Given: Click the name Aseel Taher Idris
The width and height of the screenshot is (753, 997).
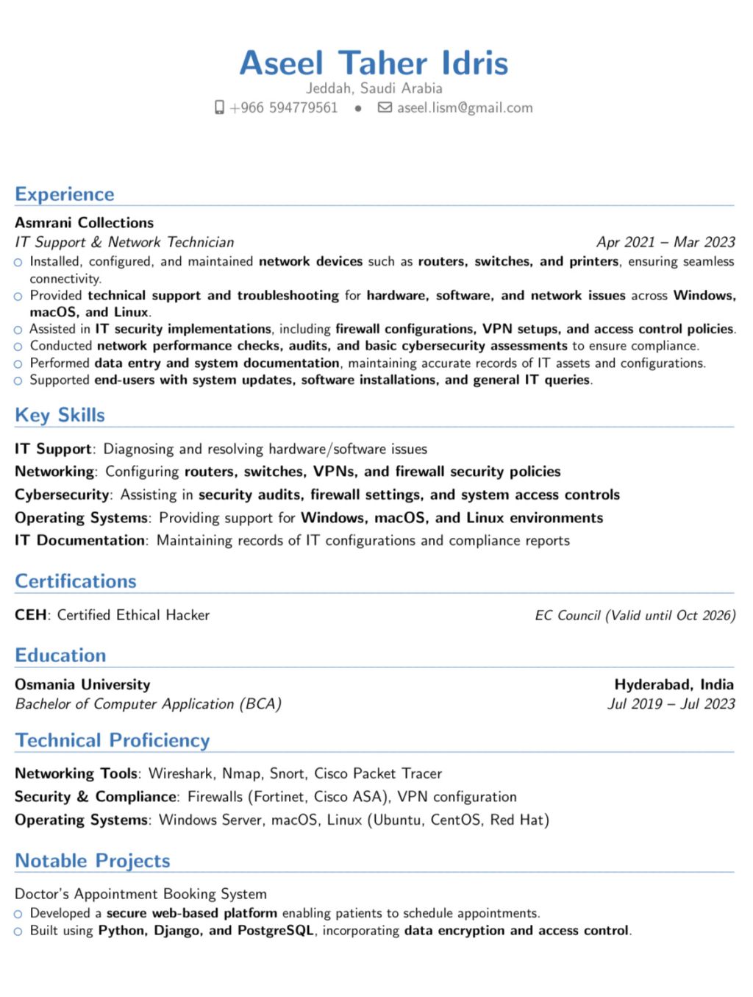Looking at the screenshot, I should click(x=374, y=63).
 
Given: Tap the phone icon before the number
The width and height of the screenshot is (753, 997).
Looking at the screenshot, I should click(x=219, y=108).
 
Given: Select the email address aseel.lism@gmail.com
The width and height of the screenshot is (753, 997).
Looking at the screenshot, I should click(x=465, y=108).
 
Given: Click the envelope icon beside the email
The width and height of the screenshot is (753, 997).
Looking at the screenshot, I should click(x=385, y=108).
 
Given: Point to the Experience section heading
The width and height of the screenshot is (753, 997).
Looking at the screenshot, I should click(x=65, y=194).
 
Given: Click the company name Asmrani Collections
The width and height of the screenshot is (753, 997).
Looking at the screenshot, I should click(x=85, y=222).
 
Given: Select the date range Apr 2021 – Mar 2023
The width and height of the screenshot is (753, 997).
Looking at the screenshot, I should click(x=665, y=242).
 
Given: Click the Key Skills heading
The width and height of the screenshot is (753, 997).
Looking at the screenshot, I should click(x=60, y=415).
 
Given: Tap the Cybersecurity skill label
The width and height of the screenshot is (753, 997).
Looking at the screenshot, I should click(x=62, y=494).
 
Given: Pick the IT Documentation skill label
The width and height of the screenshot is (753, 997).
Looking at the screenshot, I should click(x=80, y=540).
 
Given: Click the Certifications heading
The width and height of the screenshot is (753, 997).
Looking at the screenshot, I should click(x=76, y=581).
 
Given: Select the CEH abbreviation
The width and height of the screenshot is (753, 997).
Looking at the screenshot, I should click(x=30, y=615).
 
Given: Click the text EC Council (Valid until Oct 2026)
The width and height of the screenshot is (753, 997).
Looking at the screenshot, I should click(x=635, y=615).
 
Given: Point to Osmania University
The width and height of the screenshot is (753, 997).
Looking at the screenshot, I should click(x=82, y=684).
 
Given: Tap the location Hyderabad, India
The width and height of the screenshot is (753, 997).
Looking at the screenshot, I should click(x=674, y=684).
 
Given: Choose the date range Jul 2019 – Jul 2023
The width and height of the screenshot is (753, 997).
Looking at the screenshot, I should click(x=671, y=704).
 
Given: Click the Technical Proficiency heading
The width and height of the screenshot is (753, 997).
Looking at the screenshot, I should click(x=113, y=740).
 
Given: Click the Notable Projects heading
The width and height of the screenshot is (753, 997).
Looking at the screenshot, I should click(x=93, y=861).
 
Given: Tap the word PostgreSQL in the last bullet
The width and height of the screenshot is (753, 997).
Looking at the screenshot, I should click(x=276, y=931).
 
